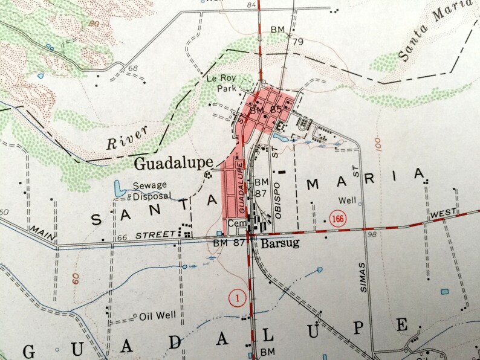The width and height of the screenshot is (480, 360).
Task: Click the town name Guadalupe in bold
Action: [173, 162]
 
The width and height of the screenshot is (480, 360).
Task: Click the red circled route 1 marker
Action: [236, 297]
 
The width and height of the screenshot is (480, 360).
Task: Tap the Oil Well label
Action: [157, 315]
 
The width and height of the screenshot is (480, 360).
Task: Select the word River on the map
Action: [120, 143]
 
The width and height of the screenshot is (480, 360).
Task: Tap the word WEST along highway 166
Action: [444, 213]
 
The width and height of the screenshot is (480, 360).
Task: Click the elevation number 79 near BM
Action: [297, 42]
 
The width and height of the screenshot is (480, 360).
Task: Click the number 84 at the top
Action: [235, 6]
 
